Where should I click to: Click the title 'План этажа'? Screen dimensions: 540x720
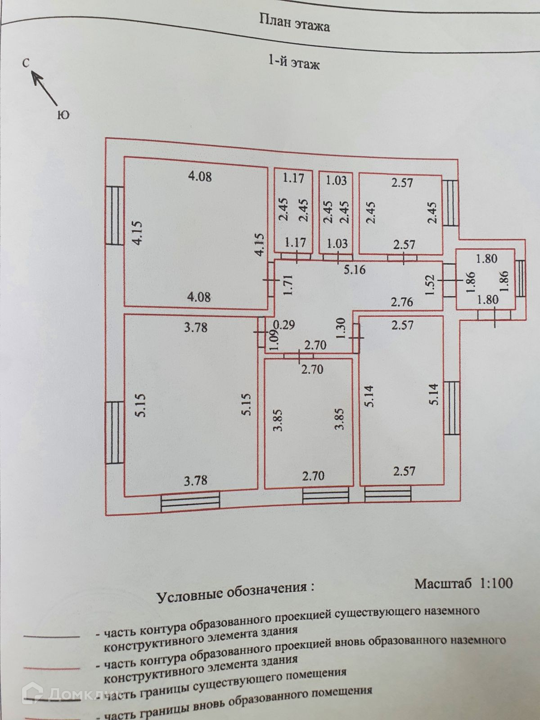tap(295, 22)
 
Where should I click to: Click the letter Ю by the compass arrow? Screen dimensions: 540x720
tap(63, 115)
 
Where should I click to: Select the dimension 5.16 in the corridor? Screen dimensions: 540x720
tap(355, 270)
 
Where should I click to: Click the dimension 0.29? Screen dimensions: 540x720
tap(284, 325)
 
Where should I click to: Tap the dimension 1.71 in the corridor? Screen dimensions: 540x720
tap(288, 284)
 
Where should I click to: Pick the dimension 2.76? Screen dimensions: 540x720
tap(401, 301)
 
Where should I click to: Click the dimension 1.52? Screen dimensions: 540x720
tap(430, 284)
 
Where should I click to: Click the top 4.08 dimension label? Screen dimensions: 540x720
tap(199, 176)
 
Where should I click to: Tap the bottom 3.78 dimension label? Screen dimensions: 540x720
tap(196, 480)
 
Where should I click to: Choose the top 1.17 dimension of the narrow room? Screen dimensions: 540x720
tap(293, 178)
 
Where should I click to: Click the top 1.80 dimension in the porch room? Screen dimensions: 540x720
tap(486, 259)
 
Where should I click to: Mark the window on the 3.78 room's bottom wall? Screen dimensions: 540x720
tap(190, 502)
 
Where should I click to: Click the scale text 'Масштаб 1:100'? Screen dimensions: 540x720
tap(463, 584)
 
